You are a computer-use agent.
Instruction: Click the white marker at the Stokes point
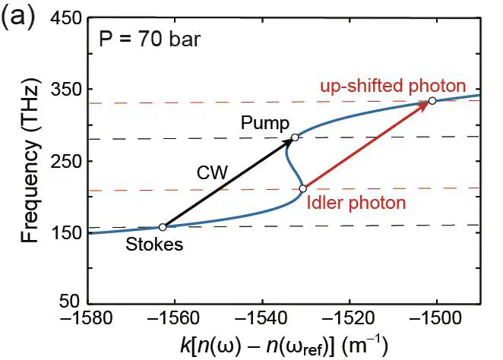pos(163,227)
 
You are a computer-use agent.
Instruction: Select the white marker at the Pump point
pos(296,137)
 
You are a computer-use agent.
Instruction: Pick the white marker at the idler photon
pos(302,188)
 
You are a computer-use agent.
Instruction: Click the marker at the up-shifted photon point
pos(432,101)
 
